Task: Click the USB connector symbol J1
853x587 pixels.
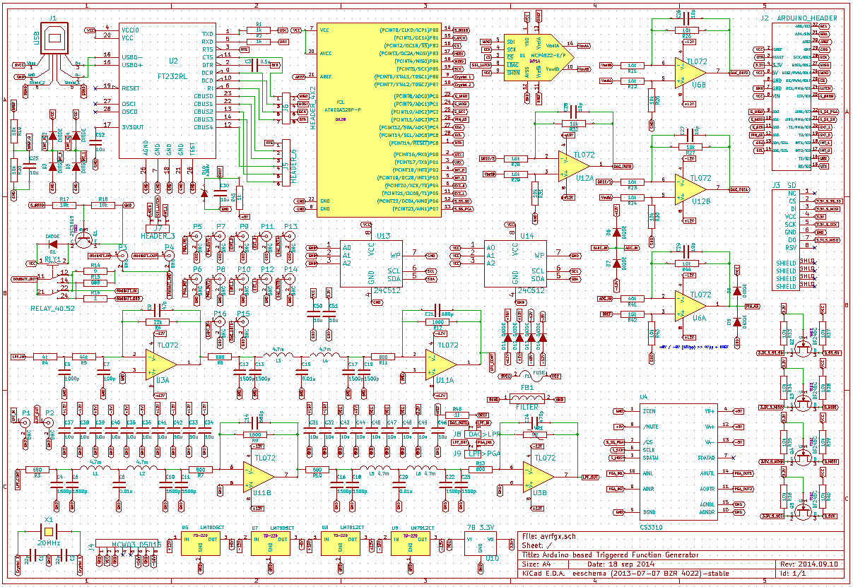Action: click(x=54, y=40)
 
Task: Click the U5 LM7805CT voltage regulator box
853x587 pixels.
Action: click(x=200, y=543)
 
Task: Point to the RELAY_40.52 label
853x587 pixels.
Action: click(x=54, y=309)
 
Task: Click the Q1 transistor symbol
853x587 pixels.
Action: click(x=83, y=239)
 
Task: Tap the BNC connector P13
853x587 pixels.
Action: click(x=290, y=238)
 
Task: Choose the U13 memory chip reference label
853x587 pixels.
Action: click(x=384, y=236)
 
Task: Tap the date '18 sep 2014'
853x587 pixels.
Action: click(x=616, y=564)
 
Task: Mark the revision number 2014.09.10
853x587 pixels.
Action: click(x=818, y=564)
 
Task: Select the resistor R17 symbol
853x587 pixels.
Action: click(x=64, y=206)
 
